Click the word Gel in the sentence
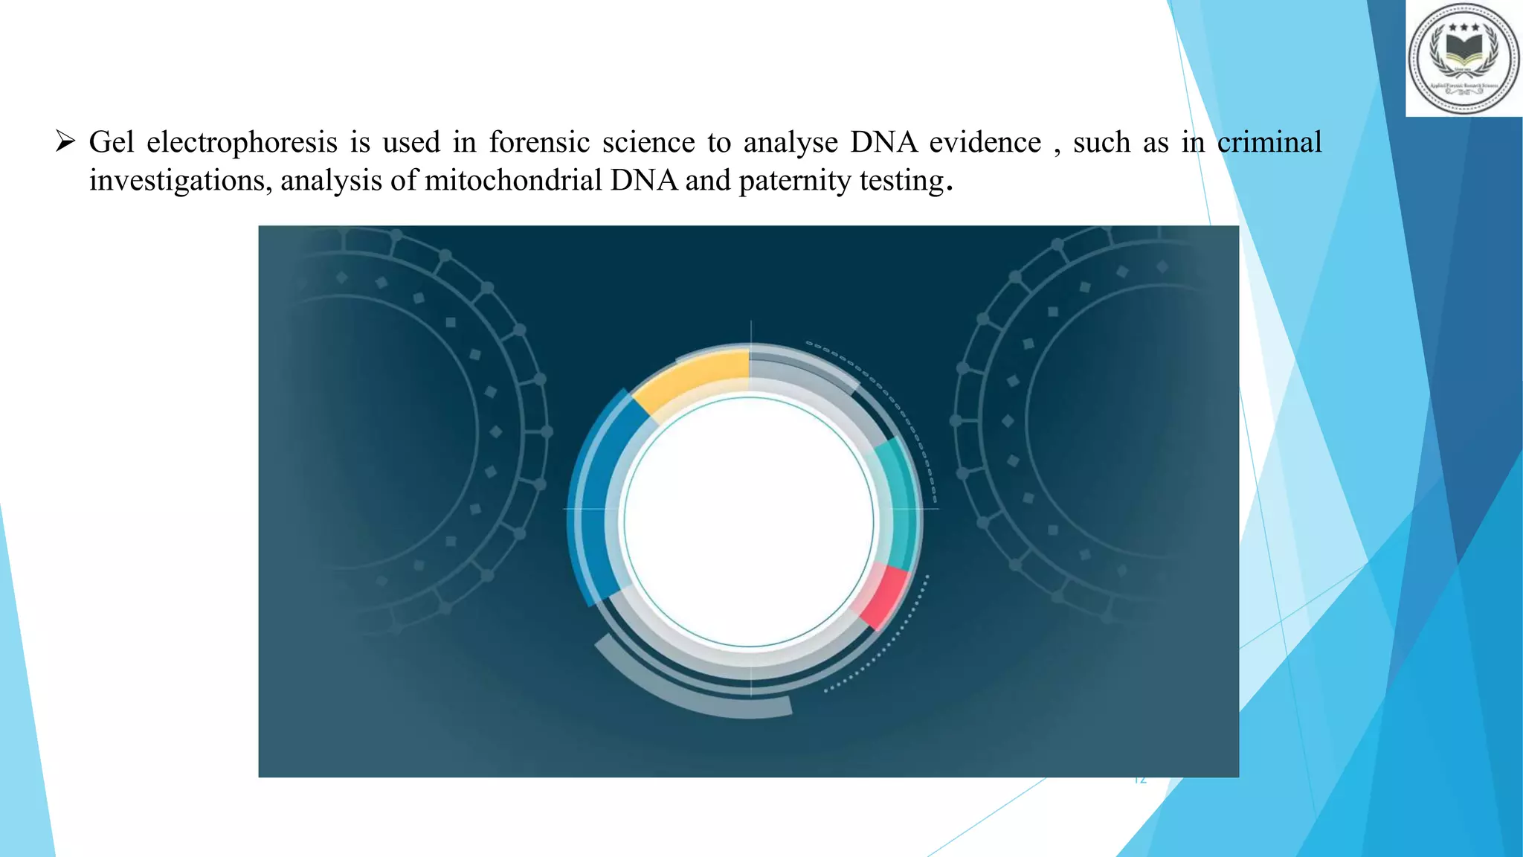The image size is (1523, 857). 112,141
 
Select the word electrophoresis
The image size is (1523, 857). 242,142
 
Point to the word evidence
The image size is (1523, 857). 985,141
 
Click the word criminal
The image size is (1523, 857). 1269,141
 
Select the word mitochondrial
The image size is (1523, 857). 512,180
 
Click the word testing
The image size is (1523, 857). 901,180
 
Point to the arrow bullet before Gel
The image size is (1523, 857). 65,141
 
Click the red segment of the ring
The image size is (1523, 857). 885,595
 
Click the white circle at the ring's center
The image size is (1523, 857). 749,521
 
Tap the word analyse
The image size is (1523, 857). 791,141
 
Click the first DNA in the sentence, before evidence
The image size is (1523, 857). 883,141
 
